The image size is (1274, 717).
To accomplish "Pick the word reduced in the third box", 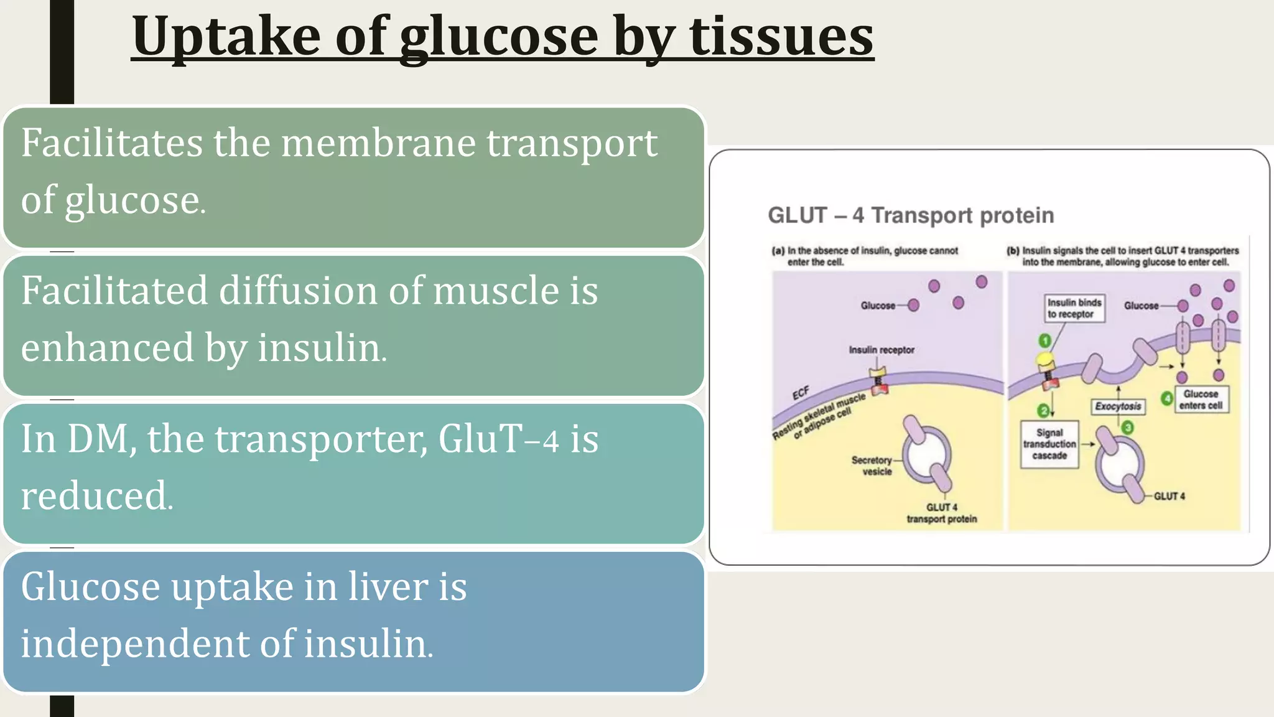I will click(96, 496).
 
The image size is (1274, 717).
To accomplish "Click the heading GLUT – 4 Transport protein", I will click(911, 215).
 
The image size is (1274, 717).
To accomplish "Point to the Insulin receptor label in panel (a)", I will click(881, 350).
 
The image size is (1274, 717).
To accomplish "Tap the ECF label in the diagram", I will click(801, 393).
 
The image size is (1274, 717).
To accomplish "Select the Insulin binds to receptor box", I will click(1074, 308).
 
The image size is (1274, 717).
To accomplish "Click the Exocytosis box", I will click(1118, 406).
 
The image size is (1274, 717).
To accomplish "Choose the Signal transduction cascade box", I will click(1049, 444).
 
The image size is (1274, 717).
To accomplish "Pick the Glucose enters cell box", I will click(1201, 400).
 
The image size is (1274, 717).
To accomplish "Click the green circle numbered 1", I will click(1044, 340).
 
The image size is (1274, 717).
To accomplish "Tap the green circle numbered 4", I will click(1167, 398).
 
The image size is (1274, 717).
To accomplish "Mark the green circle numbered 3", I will click(1127, 427).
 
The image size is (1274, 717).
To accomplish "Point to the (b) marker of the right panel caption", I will click(1013, 251).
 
